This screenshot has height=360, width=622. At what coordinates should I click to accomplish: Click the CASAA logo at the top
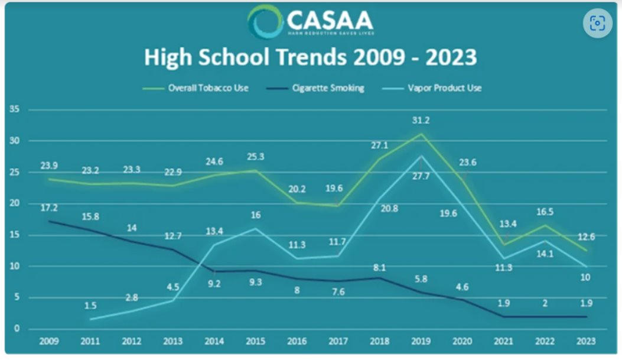click(310, 22)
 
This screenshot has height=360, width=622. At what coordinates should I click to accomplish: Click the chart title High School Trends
click(310, 59)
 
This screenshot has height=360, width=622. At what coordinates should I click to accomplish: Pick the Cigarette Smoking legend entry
click(327, 88)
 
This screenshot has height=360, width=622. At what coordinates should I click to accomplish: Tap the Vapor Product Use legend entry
click(444, 88)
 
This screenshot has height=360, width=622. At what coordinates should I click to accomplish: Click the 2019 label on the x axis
click(420, 341)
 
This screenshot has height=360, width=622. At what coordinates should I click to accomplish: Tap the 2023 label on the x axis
click(586, 341)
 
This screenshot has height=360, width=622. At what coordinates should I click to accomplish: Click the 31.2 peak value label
click(421, 121)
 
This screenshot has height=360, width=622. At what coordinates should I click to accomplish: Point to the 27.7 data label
click(421, 176)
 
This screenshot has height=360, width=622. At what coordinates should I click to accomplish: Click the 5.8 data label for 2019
click(421, 278)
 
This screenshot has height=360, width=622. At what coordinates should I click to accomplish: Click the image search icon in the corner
click(598, 24)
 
